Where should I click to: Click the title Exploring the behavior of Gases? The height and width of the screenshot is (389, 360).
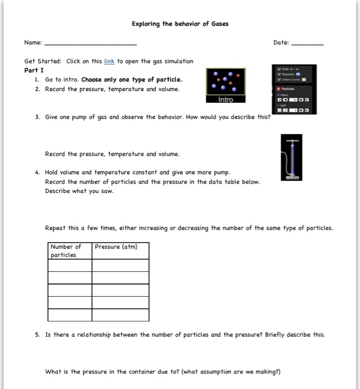179,24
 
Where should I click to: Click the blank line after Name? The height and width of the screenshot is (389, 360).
90,44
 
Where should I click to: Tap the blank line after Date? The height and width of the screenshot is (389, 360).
307,44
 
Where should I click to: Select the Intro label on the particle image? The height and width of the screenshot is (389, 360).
226,99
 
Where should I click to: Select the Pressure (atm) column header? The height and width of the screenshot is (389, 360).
116,247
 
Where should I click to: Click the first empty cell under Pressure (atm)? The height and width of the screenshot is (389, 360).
120,265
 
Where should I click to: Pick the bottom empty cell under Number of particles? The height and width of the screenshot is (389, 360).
69,315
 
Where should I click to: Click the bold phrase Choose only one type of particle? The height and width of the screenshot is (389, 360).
132,80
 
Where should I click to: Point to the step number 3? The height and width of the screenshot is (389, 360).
36,119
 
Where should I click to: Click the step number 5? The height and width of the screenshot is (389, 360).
36,335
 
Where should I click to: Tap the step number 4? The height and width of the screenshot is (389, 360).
36,173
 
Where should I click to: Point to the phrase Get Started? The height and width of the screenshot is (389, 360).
43,61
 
